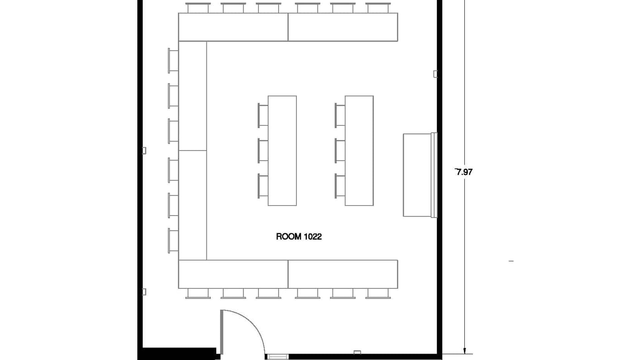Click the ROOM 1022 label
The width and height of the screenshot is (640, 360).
point(299,236)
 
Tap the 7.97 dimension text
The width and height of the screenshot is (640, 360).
point(464,172)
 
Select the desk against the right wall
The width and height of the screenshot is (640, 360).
point(417,175)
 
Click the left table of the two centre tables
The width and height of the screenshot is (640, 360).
point(282,151)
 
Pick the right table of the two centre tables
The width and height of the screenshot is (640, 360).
point(359,151)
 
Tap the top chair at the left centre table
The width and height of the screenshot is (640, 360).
point(263,115)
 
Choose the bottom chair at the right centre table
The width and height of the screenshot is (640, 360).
point(339,186)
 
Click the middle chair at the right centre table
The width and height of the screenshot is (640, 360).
point(339,150)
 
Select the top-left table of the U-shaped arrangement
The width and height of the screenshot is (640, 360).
point(233,27)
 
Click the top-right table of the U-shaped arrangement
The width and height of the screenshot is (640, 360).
point(343,27)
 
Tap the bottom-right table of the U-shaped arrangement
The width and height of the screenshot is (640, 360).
point(343,274)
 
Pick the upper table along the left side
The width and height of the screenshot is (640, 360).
point(193,96)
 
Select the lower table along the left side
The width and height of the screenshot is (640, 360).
point(193,205)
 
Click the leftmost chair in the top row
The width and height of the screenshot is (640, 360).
point(198,8)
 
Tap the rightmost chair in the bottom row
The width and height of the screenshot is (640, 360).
point(378,293)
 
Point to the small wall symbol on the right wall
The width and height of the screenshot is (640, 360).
point(435,74)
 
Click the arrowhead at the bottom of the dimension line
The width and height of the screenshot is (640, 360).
point(464,350)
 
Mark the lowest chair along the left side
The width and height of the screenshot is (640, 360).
point(173,240)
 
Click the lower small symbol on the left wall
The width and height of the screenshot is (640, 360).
point(144,292)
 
